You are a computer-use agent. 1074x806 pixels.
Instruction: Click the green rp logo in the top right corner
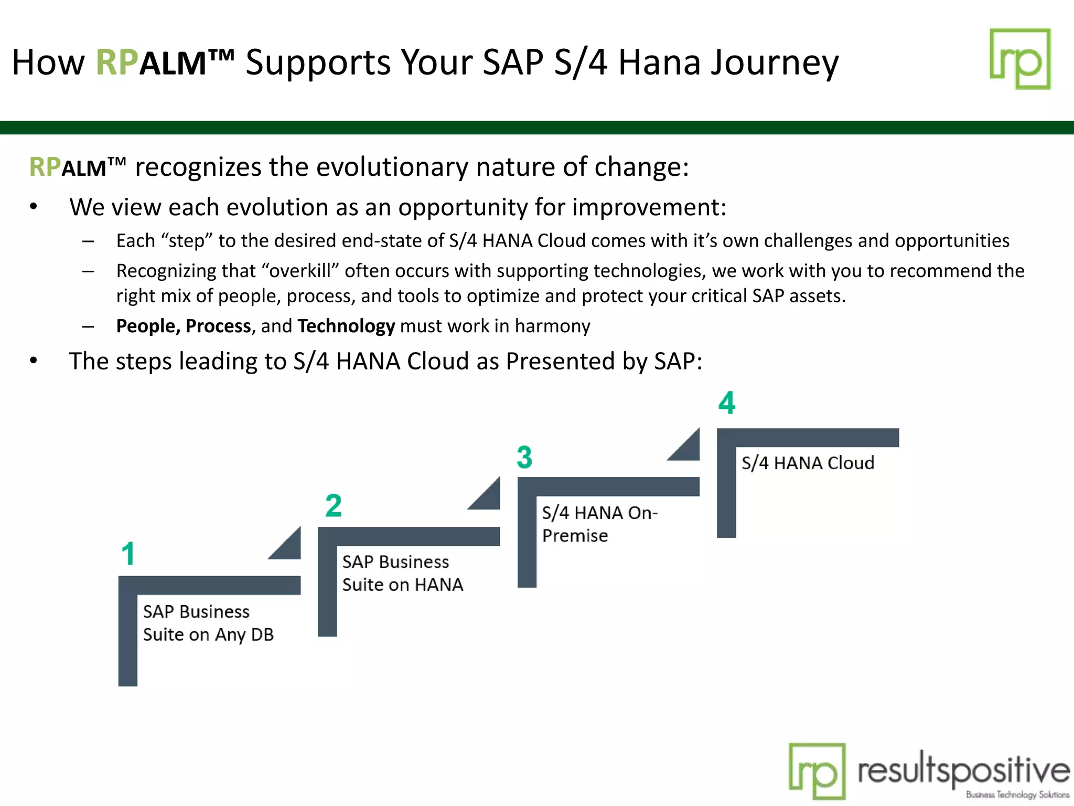(x=1019, y=59)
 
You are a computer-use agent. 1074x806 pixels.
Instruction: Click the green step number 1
(x=128, y=554)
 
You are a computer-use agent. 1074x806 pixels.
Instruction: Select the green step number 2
(x=334, y=506)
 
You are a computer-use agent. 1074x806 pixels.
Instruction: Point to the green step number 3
(x=524, y=457)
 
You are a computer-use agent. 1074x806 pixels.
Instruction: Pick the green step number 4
(x=727, y=404)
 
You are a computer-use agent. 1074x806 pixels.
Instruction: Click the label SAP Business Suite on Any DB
(x=208, y=623)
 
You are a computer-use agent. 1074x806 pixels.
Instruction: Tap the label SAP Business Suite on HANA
(x=403, y=573)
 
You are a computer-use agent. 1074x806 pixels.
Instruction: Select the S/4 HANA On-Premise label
(x=599, y=524)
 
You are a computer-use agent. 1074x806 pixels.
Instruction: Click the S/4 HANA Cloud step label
(x=808, y=463)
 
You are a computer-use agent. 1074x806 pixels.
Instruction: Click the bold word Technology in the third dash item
(x=346, y=326)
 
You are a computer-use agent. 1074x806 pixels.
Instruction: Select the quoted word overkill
(x=300, y=271)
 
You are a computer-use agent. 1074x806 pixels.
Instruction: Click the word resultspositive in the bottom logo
(x=963, y=770)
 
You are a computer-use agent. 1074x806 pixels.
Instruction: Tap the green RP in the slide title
(x=117, y=62)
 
